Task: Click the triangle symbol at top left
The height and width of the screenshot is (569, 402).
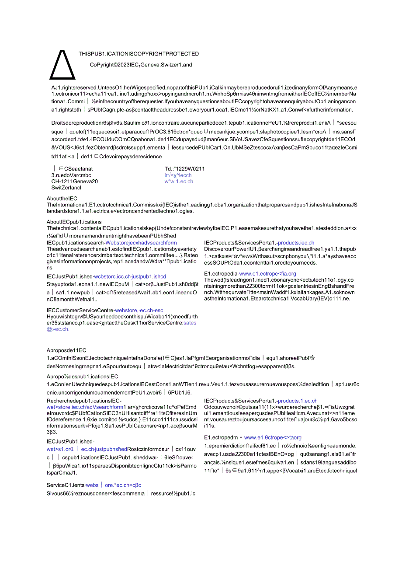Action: [62, 64]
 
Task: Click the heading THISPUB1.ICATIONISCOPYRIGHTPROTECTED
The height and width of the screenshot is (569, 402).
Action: [139, 54]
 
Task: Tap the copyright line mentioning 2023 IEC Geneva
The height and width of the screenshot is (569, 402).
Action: [141, 65]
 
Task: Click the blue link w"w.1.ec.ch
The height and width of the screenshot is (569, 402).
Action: [179, 182]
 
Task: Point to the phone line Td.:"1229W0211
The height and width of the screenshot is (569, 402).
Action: [184, 169]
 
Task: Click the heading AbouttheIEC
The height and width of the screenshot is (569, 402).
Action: [62, 199]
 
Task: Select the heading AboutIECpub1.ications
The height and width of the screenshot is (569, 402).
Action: [74, 222]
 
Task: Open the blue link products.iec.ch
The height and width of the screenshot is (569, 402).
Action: [296, 243]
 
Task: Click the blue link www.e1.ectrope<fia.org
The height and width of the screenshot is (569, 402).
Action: [267, 274]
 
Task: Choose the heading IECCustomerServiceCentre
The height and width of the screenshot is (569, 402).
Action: [80, 311]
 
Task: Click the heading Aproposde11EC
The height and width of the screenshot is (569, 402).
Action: [66, 350]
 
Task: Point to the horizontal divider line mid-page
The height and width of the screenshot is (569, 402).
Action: [204, 347]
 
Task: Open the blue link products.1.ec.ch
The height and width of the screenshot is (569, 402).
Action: [298, 401]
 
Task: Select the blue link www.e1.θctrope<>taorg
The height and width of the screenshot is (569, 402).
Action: [273, 437]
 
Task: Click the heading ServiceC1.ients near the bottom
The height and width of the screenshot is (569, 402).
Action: [66, 485]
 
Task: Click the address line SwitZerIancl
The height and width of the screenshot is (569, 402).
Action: [66, 188]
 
